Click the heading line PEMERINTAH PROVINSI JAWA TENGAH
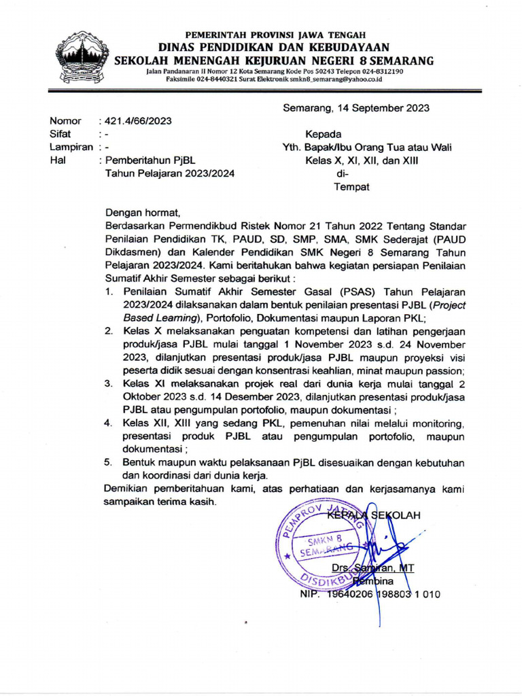point(275,35)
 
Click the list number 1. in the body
point(109,292)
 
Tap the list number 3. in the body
point(109,384)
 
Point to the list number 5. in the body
point(109,462)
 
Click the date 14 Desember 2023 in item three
point(266,397)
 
